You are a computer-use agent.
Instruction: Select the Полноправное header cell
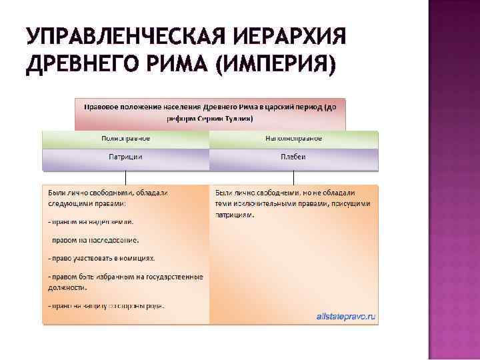click(125, 139)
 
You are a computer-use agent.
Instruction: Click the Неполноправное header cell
click(294, 139)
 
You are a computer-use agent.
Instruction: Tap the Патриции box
click(125, 157)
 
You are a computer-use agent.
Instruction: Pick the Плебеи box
click(294, 157)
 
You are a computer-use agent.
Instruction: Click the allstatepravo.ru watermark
click(347, 317)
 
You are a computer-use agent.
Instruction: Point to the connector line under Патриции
click(125, 177)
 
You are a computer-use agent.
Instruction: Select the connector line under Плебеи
click(294, 177)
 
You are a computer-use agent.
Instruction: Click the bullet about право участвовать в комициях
click(101, 257)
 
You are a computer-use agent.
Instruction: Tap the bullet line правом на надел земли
click(91, 221)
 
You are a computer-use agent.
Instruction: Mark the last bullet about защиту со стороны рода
click(106, 306)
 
